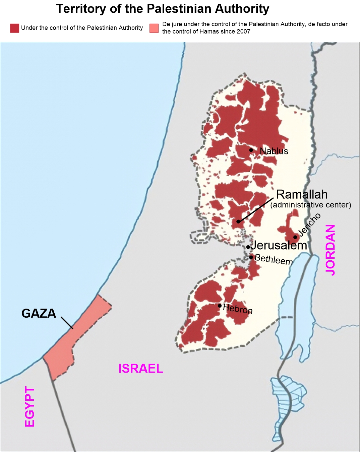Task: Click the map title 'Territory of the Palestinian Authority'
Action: click(163, 9)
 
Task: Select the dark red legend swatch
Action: click(14, 28)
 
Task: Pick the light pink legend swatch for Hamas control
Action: click(154, 28)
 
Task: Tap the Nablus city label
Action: click(274, 151)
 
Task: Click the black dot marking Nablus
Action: click(251, 150)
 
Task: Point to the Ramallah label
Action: click(302, 194)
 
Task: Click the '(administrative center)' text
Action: click(311, 205)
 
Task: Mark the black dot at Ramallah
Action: click(238, 221)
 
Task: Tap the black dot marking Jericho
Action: click(295, 237)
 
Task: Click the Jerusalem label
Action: click(279, 245)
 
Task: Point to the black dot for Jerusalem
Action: click(248, 247)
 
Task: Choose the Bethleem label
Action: click(274, 259)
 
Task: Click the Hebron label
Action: click(238, 309)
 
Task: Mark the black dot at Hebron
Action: click(220, 306)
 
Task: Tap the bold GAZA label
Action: click(39, 313)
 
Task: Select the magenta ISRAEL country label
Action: click(140, 369)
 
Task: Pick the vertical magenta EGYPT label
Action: click(30, 406)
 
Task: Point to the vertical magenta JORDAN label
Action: click(330, 250)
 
